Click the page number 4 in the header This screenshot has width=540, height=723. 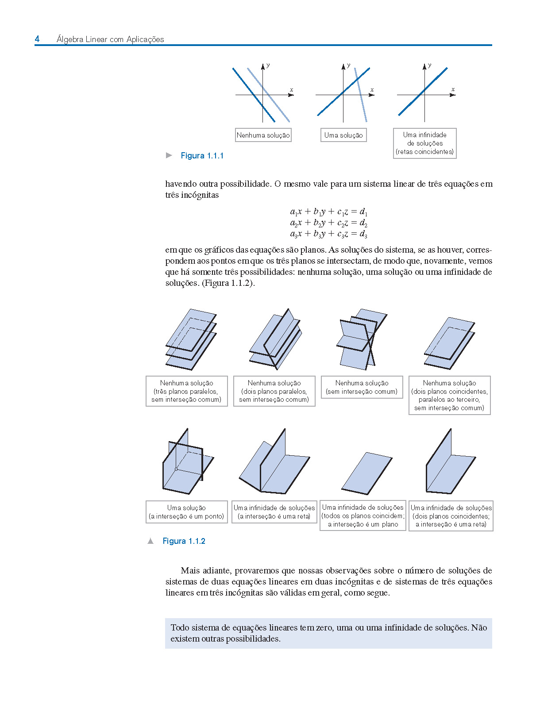37,39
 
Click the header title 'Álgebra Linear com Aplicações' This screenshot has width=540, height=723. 110,39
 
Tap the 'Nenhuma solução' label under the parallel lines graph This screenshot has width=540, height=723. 263,135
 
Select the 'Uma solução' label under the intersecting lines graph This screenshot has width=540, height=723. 343,135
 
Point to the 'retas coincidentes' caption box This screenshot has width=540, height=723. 424,143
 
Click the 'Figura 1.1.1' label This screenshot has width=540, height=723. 202,156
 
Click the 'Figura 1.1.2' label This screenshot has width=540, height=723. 184,541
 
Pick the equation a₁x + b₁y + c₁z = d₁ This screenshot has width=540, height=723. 328,212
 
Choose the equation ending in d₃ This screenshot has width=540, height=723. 328,234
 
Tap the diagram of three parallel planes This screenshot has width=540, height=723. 191,339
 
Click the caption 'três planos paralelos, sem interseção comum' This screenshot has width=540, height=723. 186,391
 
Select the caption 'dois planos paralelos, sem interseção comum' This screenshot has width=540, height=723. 274,391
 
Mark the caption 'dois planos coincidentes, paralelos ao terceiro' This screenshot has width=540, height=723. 449,395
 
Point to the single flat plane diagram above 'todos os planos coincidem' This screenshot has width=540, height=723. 367,473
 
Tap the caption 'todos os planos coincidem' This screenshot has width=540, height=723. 363,516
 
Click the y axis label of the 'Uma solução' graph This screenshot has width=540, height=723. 349,65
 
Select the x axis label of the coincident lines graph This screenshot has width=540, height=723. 453,89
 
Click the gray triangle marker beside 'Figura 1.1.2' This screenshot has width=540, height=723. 151,541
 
